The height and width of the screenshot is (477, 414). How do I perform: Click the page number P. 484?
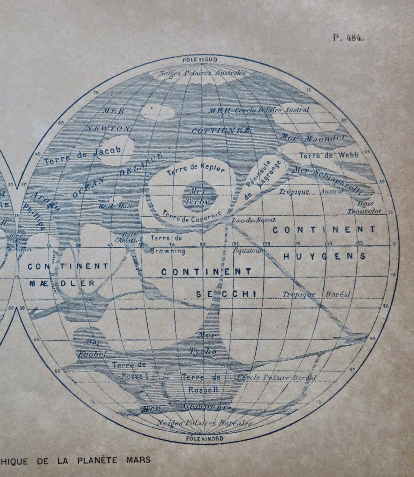coord(348,38)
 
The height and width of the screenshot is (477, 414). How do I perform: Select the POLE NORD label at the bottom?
coord(204,439)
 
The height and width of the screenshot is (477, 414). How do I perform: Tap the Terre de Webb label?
coord(329,155)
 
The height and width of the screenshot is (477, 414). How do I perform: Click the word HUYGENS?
coord(325,256)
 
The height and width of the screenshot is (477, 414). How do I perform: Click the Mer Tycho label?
coord(205,344)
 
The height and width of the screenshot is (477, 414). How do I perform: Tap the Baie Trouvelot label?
coord(365,207)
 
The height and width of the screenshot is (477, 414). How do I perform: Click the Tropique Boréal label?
coord(316,294)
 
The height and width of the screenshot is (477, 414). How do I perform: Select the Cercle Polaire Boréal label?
coord(277,377)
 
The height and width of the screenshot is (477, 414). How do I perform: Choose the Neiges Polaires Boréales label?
coord(204,423)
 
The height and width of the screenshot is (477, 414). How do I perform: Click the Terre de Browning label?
coord(167,245)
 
